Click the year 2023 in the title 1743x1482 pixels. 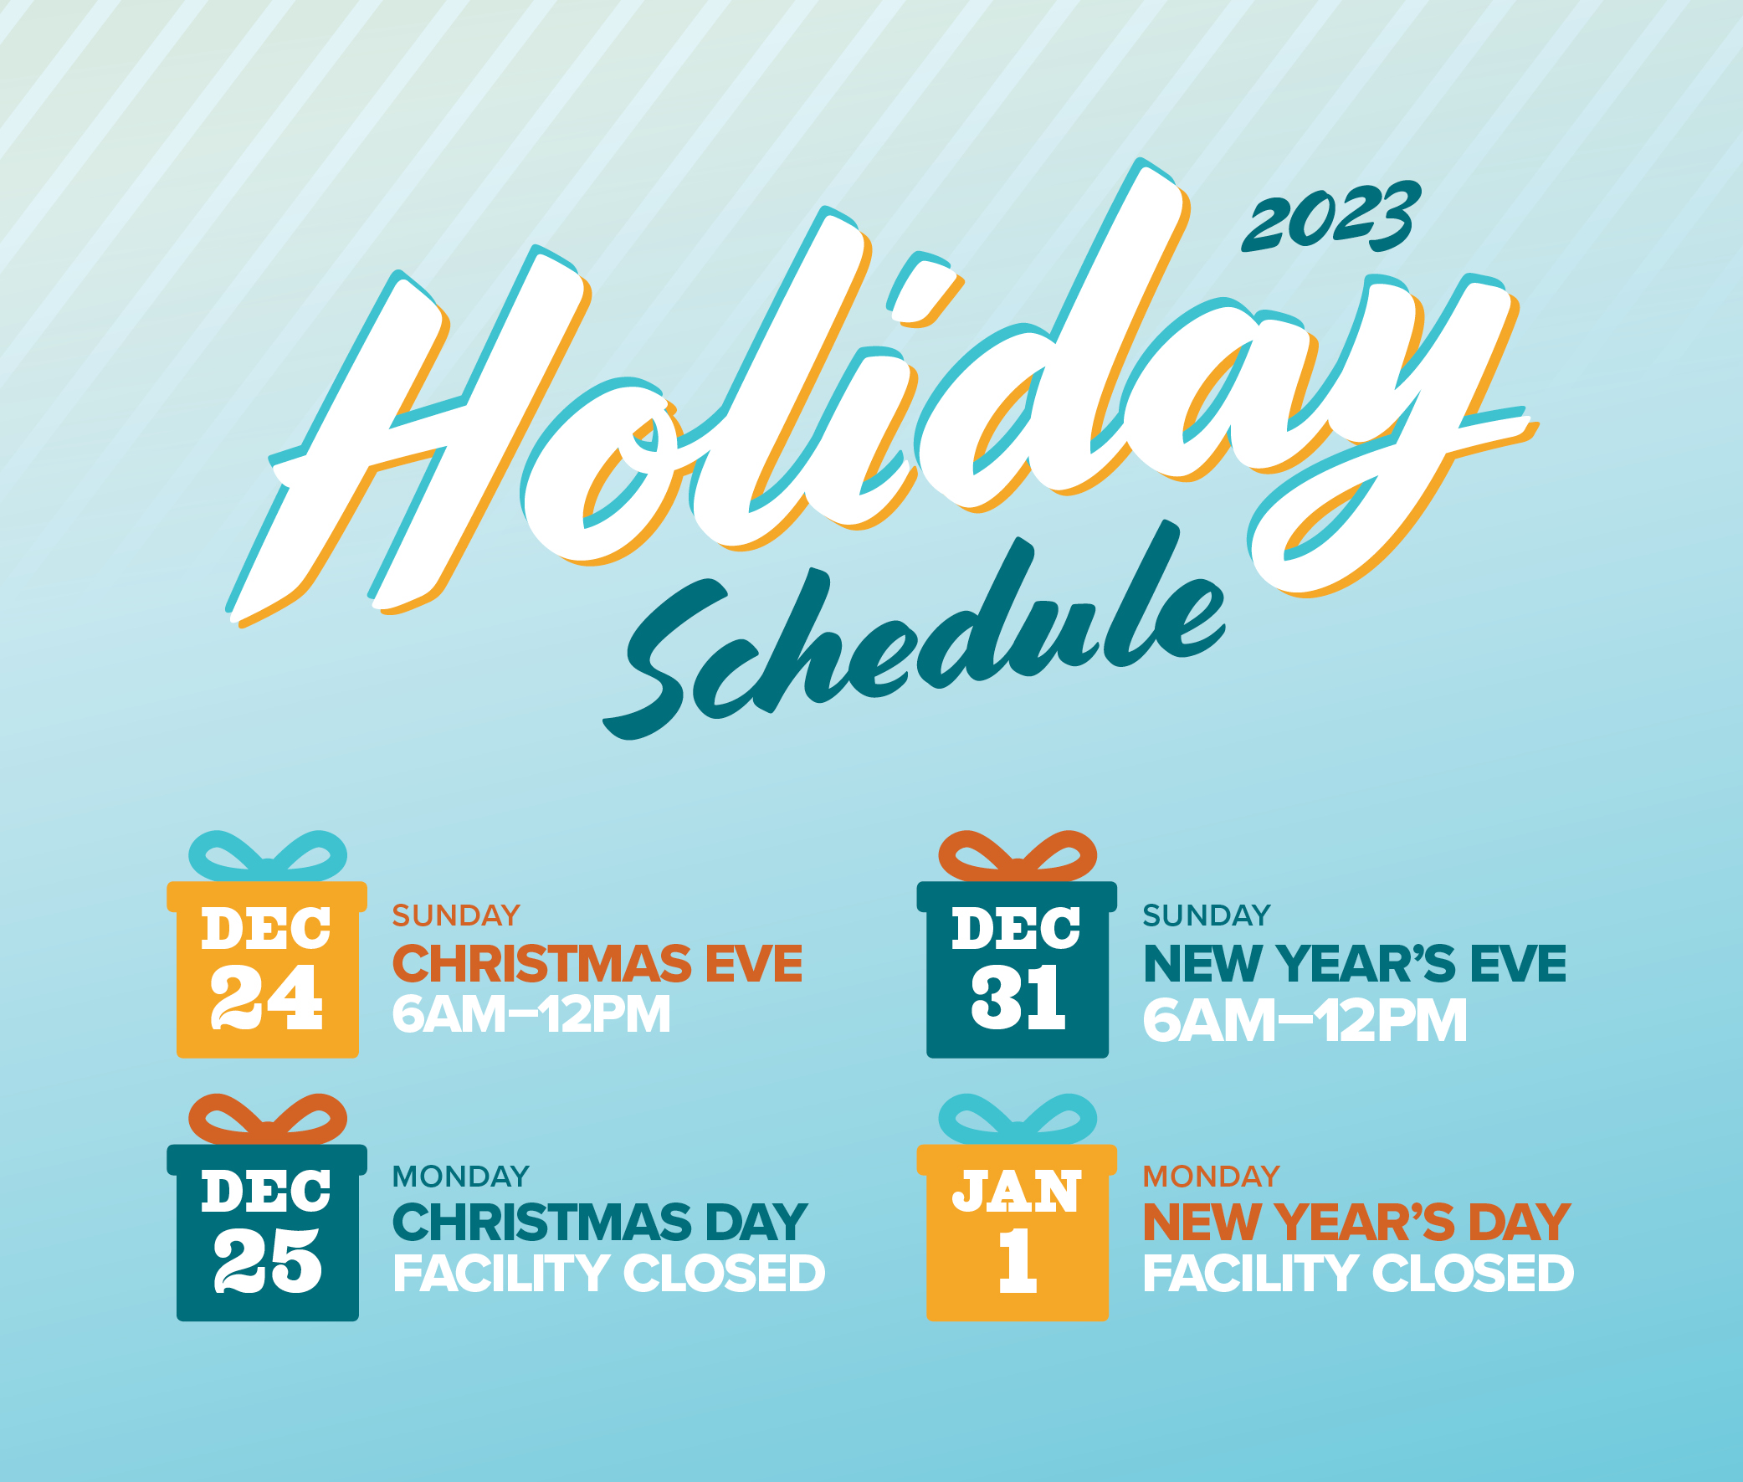pyautogui.click(x=1331, y=217)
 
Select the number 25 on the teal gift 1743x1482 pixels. pyautogui.click(x=267, y=1260)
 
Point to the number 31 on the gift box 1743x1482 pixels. pyautogui.click(x=1018, y=997)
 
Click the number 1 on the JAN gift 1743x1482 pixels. pyautogui.click(x=1018, y=1260)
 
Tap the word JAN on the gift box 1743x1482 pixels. pyautogui.click(x=1017, y=1192)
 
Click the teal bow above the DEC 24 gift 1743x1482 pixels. pyautogui.click(x=267, y=857)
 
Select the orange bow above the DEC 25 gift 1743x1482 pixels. pyautogui.click(x=267, y=1120)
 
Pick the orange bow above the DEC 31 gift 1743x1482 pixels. pyautogui.click(x=1018, y=857)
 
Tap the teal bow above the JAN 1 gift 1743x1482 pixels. pyautogui.click(x=1018, y=1120)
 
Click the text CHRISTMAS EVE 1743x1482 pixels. pyautogui.click(x=597, y=964)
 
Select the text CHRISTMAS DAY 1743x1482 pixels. pyautogui.click(x=600, y=1223)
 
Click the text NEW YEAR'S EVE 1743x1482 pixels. pyautogui.click(x=1355, y=964)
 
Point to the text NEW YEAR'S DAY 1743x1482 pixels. pyautogui.click(x=1356, y=1223)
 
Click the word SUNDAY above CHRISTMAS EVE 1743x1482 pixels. pyautogui.click(x=456, y=915)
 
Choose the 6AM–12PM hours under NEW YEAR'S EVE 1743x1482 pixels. pyautogui.click(x=1305, y=1021)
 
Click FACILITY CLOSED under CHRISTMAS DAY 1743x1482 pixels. pyautogui.click(x=609, y=1274)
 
